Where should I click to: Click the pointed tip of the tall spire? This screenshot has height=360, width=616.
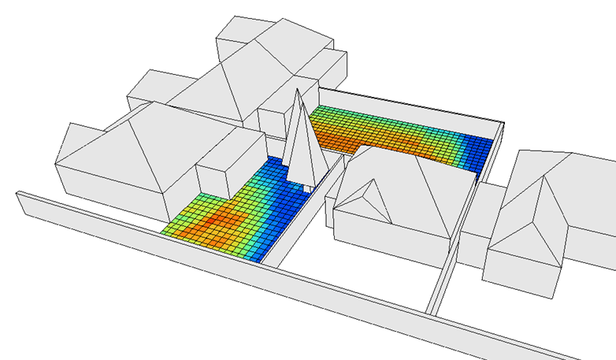pos(298,91)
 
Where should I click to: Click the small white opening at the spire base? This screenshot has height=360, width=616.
pos(308,188)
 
